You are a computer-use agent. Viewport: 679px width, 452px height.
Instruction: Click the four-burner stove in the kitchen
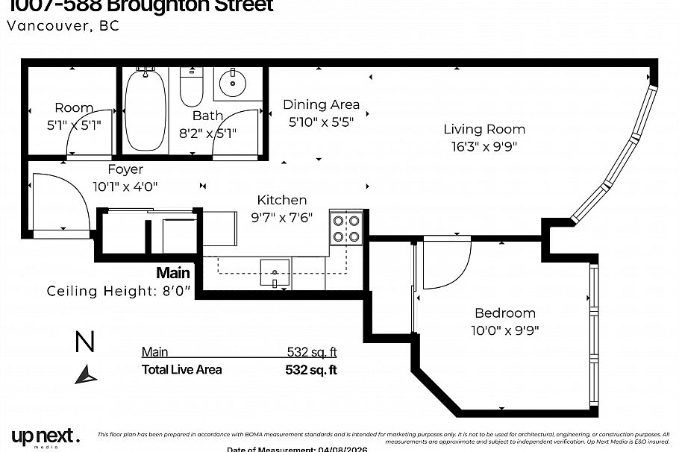(345, 228)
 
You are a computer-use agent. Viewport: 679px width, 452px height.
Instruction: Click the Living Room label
(484, 129)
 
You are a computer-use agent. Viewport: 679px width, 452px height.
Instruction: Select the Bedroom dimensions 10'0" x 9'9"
(505, 330)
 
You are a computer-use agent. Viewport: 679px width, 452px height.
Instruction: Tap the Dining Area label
(321, 104)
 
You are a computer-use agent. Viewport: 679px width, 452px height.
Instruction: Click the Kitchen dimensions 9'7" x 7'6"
(281, 217)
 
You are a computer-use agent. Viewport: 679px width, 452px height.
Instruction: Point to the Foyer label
(125, 169)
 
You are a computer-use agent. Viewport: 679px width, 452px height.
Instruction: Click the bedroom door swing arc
(448, 265)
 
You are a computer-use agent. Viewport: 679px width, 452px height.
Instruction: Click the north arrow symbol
(86, 374)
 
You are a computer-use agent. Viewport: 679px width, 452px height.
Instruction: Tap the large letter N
(85, 342)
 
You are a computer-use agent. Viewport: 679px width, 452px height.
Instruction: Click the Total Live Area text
(181, 369)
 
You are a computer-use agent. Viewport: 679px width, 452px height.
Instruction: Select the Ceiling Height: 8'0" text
(119, 291)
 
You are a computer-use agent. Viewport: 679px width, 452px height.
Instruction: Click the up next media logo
(45, 436)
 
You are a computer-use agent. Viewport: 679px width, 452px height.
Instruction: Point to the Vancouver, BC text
(63, 25)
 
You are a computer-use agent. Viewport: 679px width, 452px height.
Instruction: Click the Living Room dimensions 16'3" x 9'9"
(484, 146)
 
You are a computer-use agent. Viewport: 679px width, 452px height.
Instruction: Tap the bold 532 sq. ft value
(311, 369)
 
